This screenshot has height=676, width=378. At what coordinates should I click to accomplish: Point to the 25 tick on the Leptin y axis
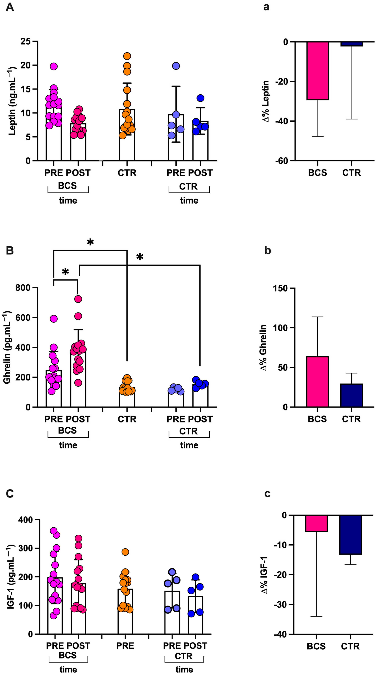tap(25, 41)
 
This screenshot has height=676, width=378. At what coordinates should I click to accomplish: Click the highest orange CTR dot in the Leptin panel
tap(127, 56)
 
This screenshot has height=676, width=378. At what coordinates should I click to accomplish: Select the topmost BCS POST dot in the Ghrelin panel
tap(78, 299)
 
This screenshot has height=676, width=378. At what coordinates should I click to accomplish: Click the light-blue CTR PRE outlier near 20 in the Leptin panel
tap(176, 66)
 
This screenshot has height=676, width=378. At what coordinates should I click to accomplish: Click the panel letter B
tap(10, 251)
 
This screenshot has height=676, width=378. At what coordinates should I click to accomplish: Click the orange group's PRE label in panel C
tap(125, 646)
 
